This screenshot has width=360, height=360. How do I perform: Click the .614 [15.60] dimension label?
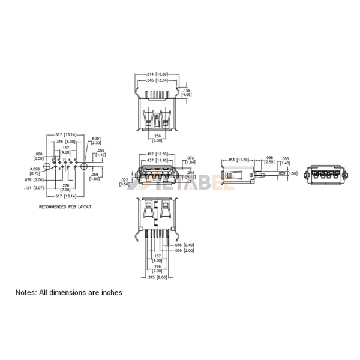click(x=157, y=74)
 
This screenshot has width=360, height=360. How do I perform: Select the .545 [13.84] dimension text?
click(x=157, y=80)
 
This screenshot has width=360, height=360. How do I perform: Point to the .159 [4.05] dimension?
click(x=187, y=92)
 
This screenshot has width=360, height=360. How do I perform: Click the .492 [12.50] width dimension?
click(x=157, y=154)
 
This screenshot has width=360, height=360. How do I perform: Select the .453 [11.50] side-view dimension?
click(x=238, y=160)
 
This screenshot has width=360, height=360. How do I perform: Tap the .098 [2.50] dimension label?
click(x=269, y=160)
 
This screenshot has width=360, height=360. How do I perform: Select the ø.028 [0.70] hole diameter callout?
click(x=35, y=172)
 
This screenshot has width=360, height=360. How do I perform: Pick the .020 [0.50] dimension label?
click(x=39, y=157)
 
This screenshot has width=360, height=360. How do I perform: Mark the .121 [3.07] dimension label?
click(x=39, y=188)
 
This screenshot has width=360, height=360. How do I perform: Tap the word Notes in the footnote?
click(x=26, y=293)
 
